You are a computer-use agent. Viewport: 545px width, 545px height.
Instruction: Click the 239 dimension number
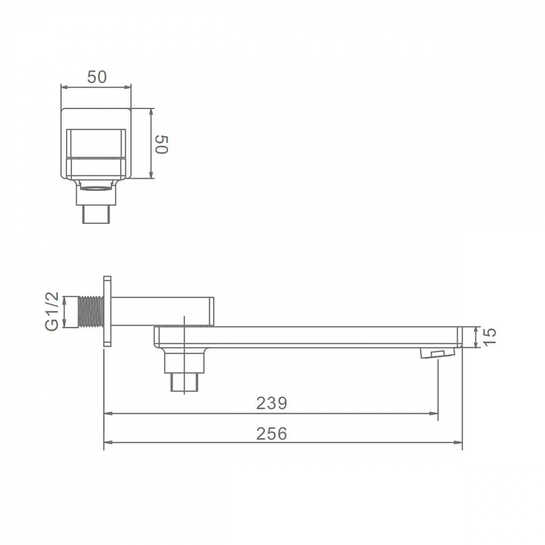pos(271,403)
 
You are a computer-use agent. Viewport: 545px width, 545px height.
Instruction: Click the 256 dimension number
pos(271,433)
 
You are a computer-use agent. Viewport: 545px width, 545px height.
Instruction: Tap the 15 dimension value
pos(490,337)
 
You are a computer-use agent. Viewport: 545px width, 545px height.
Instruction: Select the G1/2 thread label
pos(52,311)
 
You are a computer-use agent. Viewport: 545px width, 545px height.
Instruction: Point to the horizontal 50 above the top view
pos(97,77)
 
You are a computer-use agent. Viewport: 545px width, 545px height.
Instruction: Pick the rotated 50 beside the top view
pos(162,144)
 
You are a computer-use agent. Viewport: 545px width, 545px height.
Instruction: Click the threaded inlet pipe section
pos(92,312)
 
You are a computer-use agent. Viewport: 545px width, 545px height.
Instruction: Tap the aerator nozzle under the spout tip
pos(438,353)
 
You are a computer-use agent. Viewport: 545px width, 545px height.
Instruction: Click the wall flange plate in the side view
pos(107,311)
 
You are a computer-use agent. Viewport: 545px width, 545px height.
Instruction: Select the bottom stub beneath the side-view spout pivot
pos(184,382)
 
